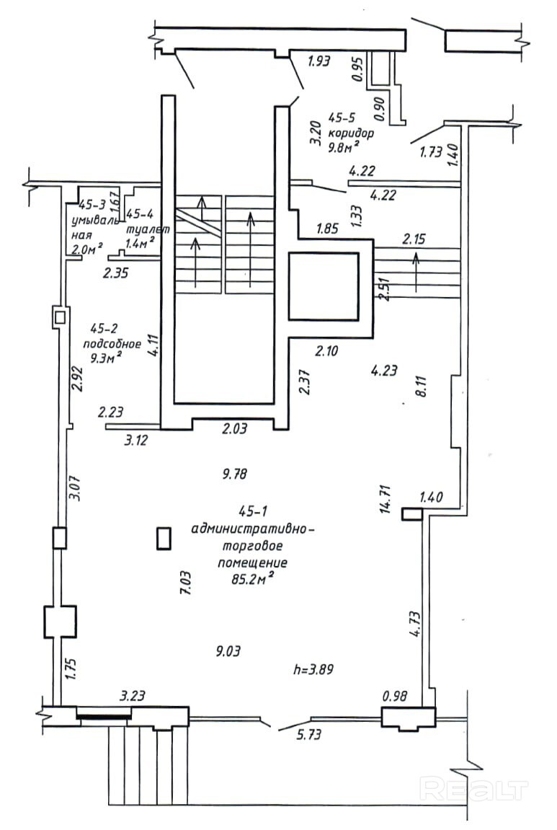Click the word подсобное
[106, 343]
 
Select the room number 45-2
[102, 327]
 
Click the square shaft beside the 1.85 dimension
[323, 286]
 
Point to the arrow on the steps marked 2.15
[416, 271]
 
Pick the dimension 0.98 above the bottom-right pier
[396, 697]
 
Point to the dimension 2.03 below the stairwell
[233, 428]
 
